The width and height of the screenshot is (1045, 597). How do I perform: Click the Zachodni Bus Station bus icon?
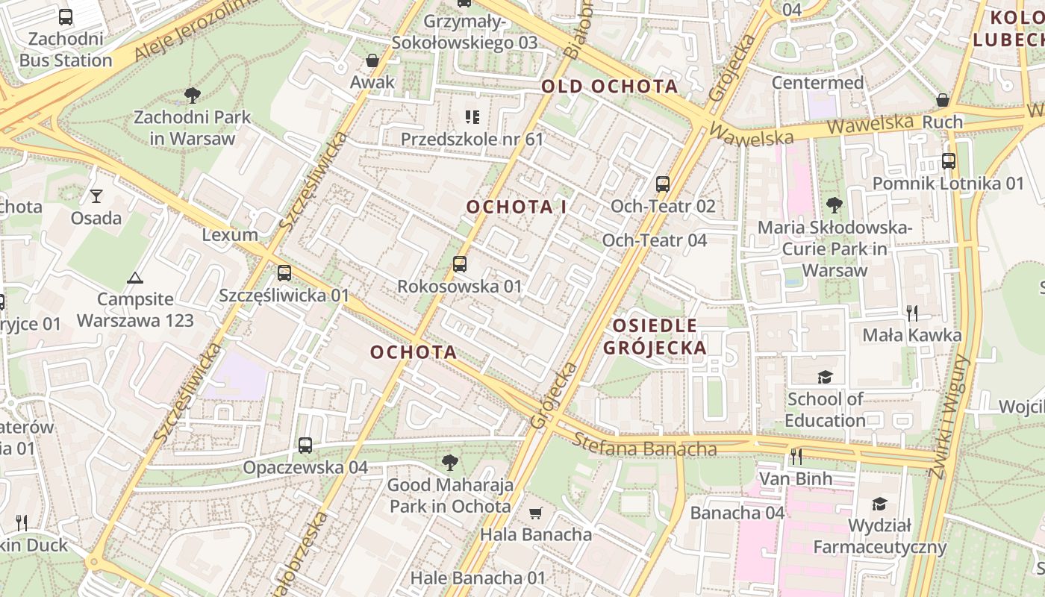pyautogui.click(x=66, y=16)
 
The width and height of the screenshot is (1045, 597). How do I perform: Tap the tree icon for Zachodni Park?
pyautogui.click(x=192, y=95)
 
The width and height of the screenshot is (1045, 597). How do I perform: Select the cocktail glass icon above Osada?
pyautogui.click(x=96, y=196)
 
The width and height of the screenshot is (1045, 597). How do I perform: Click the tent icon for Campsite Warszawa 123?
pyautogui.click(x=134, y=278)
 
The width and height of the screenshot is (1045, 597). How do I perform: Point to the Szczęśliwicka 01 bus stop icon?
pyautogui.click(x=284, y=273)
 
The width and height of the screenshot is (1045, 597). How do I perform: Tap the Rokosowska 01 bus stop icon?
pyautogui.click(x=460, y=264)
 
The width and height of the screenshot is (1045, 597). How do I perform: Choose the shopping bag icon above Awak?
pyautogui.click(x=372, y=60)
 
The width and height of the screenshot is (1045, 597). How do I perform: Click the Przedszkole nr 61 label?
pyautogui.click(x=472, y=139)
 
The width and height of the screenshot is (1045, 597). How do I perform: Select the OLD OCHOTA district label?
pyautogui.click(x=609, y=87)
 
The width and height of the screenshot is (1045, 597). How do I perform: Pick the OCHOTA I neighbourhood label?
pyautogui.click(x=516, y=207)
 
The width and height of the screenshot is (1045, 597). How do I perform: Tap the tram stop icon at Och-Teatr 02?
pyautogui.click(x=662, y=184)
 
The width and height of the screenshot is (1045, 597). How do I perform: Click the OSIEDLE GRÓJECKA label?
pyautogui.click(x=655, y=337)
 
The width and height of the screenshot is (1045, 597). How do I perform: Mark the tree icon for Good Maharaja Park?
pyautogui.click(x=449, y=463)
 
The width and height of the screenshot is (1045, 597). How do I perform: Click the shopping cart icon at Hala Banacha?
pyautogui.click(x=535, y=513)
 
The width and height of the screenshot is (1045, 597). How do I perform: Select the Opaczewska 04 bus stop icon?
pyautogui.click(x=305, y=446)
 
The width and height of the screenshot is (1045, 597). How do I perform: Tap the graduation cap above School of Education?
pyautogui.click(x=825, y=377)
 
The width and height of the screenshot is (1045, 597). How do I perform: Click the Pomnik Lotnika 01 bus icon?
pyautogui.click(x=948, y=161)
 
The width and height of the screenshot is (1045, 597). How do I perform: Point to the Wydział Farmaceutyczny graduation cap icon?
pyautogui.click(x=879, y=504)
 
